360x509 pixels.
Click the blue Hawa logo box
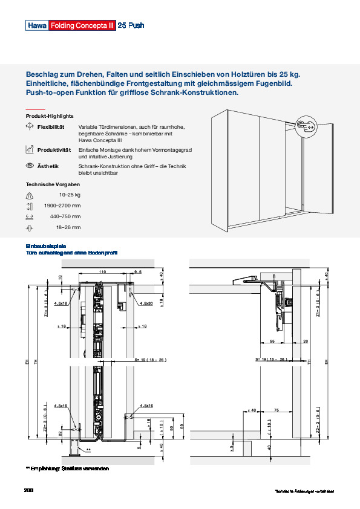point(36,26)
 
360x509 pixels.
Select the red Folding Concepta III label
point(81,26)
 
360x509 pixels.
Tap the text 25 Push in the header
point(130,26)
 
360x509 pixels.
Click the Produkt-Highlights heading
point(50,115)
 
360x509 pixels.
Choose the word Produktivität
point(54,149)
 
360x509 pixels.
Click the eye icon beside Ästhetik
point(30,166)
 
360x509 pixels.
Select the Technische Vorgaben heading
point(53,184)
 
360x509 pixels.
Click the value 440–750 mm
point(65,216)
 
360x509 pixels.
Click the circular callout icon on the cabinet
point(306,125)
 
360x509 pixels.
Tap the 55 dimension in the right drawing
point(271,342)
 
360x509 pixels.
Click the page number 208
point(28,490)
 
